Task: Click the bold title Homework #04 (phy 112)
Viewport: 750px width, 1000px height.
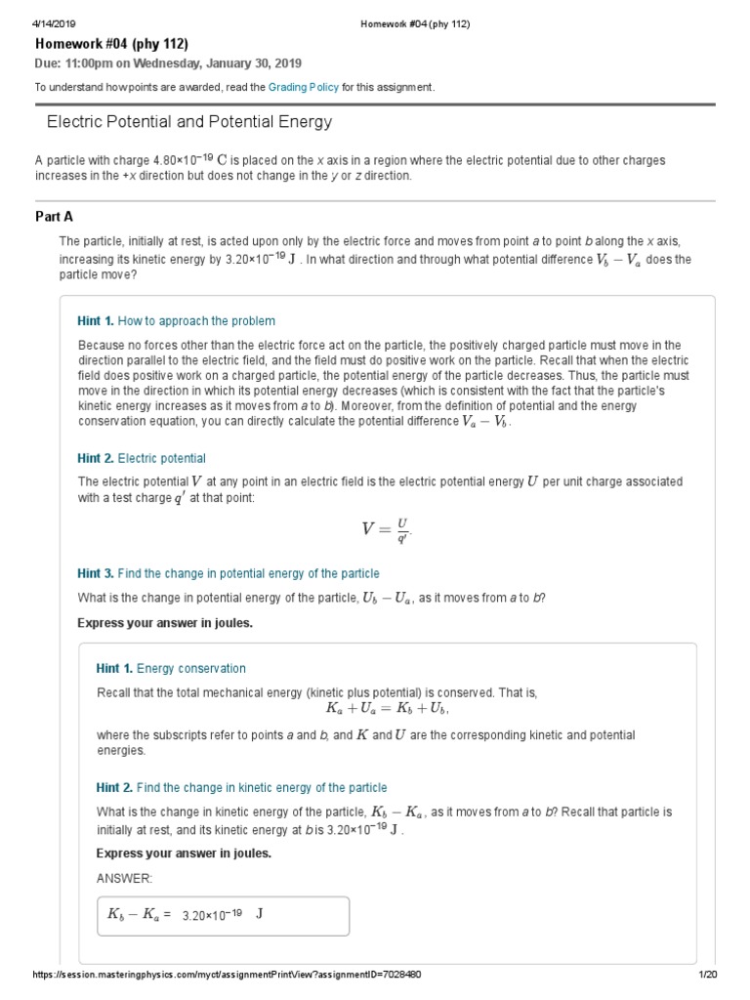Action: [111, 44]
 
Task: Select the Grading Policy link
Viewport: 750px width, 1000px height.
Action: [304, 87]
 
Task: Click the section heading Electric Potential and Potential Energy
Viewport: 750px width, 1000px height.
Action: [189, 122]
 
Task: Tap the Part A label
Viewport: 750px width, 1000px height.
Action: [55, 217]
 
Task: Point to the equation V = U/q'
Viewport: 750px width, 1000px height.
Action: [387, 529]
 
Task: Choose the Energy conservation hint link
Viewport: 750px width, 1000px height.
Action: [191, 669]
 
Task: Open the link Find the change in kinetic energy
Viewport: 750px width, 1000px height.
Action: [262, 787]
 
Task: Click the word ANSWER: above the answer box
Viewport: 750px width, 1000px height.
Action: [124, 878]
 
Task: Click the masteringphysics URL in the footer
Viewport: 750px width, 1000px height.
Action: [227, 976]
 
